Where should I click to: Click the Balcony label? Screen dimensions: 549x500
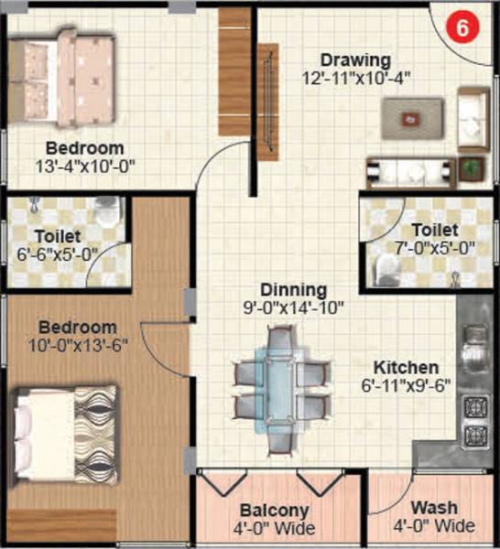click(x=274, y=511)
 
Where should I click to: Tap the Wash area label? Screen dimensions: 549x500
click(x=434, y=509)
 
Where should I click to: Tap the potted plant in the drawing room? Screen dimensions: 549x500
click(x=473, y=167)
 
